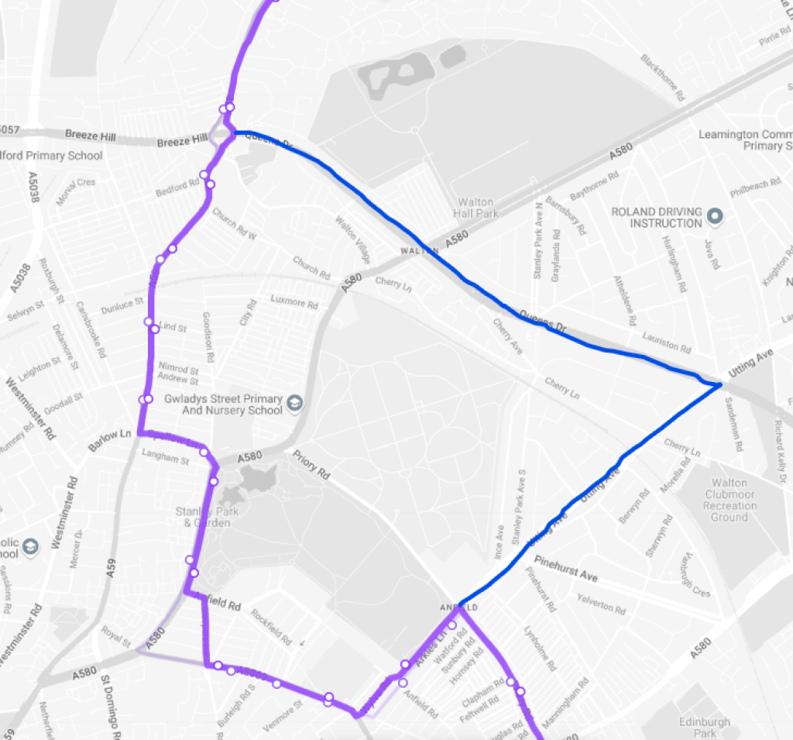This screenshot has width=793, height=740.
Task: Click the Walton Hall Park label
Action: (x=476, y=207)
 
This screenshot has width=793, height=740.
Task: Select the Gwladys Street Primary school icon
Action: (x=294, y=403)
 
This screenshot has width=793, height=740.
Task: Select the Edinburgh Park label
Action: (x=705, y=728)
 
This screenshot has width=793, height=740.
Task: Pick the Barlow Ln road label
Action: (x=112, y=435)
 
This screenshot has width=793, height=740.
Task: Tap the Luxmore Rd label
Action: (x=294, y=301)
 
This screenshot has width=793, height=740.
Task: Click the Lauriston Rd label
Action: (x=666, y=345)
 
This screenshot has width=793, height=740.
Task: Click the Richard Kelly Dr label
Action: (x=781, y=442)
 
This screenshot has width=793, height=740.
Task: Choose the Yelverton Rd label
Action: (x=600, y=605)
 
